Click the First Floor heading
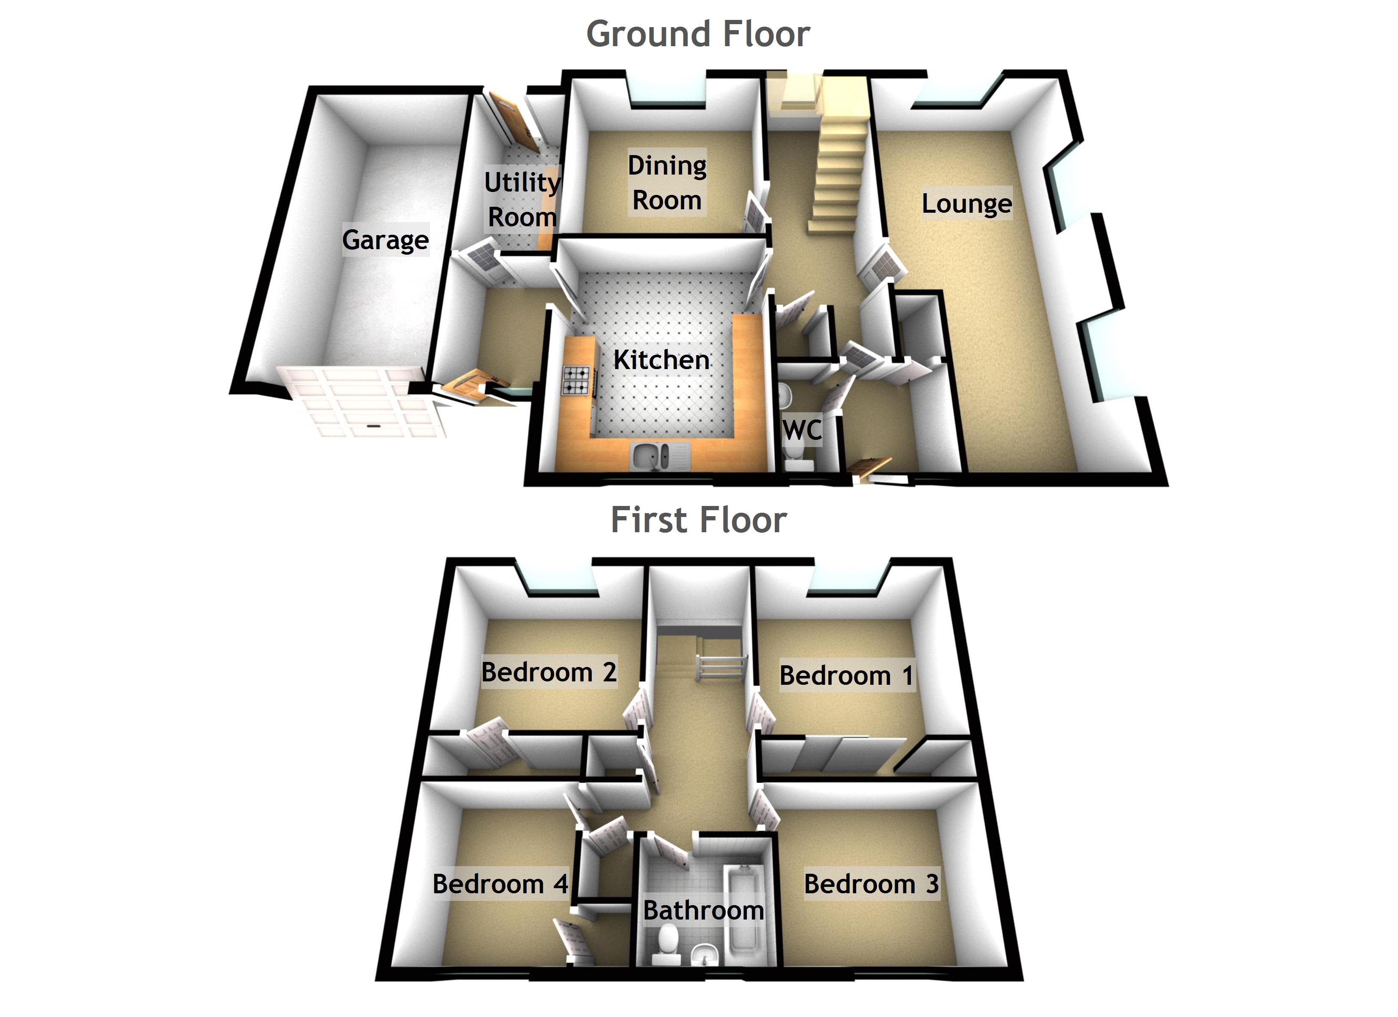(x=699, y=520)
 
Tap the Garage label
(x=385, y=240)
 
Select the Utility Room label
(x=522, y=199)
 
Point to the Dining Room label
(x=667, y=183)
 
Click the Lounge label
(x=966, y=203)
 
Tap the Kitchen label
(x=661, y=360)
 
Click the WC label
(x=802, y=430)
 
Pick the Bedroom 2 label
(x=549, y=672)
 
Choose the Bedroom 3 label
(x=871, y=884)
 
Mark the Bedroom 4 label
(x=500, y=884)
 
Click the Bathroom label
(x=703, y=910)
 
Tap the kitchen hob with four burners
(x=577, y=381)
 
